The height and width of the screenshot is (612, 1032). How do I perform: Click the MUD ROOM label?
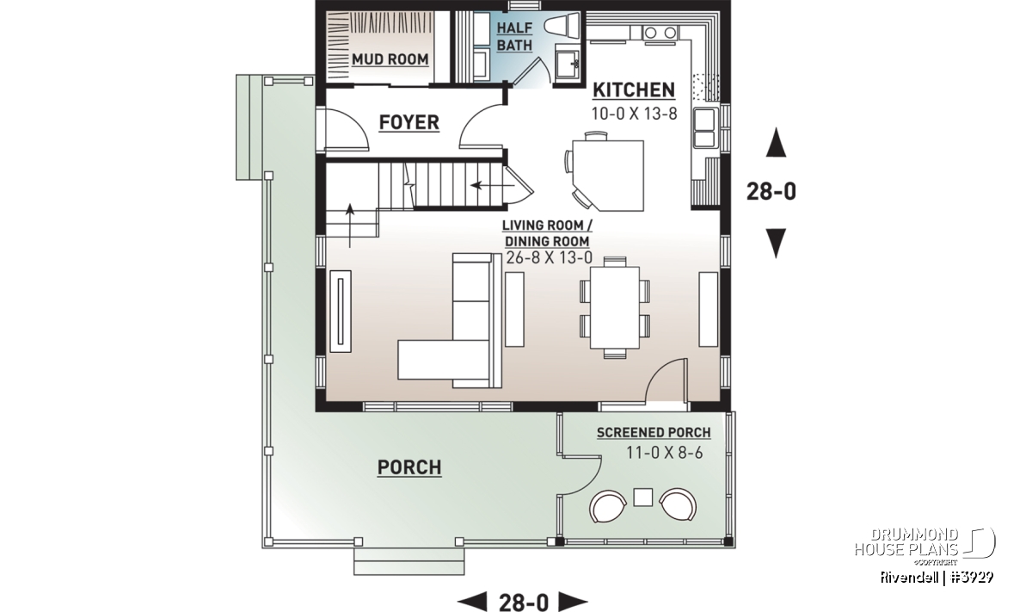(390, 59)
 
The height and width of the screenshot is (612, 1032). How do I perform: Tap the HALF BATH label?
(514, 36)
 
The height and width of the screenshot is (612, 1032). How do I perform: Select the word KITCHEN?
(634, 90)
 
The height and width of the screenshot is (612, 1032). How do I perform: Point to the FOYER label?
(409, 123)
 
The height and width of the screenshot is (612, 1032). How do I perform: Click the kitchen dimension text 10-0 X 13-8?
(635, 114)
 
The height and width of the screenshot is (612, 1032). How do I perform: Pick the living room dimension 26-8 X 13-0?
(549, 258)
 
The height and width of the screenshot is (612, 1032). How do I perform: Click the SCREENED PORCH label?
(654, 433)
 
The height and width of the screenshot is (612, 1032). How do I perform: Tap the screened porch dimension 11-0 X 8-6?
(664, 453)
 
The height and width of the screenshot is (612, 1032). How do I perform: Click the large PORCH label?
(409, 467)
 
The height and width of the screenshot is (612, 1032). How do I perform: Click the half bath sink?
(567, 65)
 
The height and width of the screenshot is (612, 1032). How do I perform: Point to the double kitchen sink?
(705, 127)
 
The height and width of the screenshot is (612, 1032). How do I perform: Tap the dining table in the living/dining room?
(615, 307)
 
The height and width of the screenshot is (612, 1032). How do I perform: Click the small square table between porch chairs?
(642, 498)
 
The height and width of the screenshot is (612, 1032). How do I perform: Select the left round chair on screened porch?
(608, 506)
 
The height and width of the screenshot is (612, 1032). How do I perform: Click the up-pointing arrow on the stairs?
(350, 226)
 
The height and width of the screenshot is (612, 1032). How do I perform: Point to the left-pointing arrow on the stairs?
(492, 185)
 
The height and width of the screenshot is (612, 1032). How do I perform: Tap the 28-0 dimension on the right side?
(771, 191)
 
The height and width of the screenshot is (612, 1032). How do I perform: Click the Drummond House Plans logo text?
(906, 542)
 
